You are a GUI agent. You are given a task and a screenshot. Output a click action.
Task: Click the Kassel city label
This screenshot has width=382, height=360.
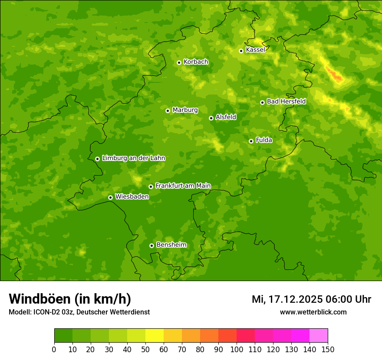pyautogui.click(x=255, y=50)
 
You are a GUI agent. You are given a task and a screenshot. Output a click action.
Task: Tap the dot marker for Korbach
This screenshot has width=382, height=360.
pyautogui.click(x=179, y=62)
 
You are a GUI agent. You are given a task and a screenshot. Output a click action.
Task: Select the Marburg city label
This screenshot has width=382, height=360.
pyautogui.click(x=185, y=110)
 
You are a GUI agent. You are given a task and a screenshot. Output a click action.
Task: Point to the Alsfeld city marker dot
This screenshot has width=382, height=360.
pyautogui.click(x=211, y=118)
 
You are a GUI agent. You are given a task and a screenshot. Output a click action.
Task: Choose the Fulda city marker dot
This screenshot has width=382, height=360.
pyautogui.click(x=251, y=141)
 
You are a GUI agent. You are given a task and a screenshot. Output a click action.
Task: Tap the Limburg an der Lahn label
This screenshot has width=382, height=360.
pyautogui.click(x=133, y=158)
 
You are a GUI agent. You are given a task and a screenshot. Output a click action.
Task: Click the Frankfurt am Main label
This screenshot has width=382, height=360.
pyautogui.click(x=183, y=186)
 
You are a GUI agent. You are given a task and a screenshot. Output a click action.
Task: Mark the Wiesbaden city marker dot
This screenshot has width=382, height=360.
pyautogui.click(x=110, y=197)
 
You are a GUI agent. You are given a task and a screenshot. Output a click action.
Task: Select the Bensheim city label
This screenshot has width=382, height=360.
pyautogui.click(x=171, y=245)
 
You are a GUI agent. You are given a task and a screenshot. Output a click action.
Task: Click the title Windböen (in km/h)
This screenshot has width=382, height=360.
pyautogui.click(x=70, y=299)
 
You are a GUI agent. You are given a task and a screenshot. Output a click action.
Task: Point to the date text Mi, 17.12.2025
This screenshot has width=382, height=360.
pyautogui.click(x=287, y=299)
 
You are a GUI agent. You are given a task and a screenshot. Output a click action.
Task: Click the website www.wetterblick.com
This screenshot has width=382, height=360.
pyautogui.click(x=313, y=312)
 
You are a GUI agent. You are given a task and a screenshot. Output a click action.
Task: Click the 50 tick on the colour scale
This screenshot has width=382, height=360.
pyautogui.click(x=145, y=349)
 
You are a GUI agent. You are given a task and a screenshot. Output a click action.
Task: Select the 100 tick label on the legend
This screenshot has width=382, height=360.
pyautogui.click(x=237, y=349)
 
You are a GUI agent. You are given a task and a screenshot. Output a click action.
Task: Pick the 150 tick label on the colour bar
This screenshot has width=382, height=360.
pyautogui.click(x=328, y=349)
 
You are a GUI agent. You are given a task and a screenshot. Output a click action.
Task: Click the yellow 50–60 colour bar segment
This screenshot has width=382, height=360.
pyautogui.click(x=155, y=335)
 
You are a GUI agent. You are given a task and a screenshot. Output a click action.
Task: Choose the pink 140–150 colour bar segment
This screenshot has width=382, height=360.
pyautogui.click(x=319, y=335)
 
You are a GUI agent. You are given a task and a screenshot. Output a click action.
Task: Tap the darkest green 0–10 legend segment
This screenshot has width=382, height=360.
pyautogui.click(x=63, y=335)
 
